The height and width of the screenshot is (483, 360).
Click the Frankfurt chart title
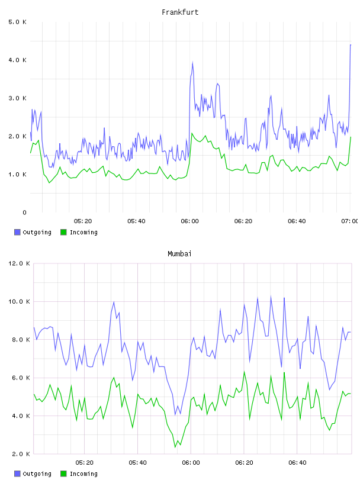point(180,12)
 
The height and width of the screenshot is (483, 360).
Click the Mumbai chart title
point(179,254)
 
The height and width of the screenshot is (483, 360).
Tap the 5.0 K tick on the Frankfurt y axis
point(18,22)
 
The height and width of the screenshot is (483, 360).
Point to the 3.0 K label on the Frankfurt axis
point(18,98)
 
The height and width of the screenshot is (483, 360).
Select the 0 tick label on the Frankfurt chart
point(24,212)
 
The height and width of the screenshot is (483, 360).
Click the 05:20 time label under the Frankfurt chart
point(83,221)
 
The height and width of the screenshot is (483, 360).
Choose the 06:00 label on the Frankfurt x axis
point(190,221)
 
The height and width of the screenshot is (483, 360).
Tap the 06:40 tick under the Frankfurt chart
point(297,221)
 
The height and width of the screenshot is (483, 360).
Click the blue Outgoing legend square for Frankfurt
point(17,232)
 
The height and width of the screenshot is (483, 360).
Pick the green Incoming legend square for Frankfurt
point(63,232)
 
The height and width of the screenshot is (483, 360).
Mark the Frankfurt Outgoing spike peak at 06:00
point(192,63)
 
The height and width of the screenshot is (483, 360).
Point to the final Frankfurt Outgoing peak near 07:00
point(351,45)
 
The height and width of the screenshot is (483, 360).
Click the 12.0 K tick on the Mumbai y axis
point(19,263)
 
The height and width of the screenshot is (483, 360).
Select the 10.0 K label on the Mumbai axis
point(19,301)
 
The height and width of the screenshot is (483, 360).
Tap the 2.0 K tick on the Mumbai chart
point(21,454)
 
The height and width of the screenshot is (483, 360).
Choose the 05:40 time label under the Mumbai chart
point(138,463)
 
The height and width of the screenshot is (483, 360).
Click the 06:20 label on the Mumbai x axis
point(245,463)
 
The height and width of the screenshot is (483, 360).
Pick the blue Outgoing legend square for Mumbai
point(17,474)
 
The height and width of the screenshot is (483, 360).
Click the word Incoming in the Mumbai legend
point(83,474)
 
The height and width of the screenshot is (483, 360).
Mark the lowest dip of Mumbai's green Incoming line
point(175,447)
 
